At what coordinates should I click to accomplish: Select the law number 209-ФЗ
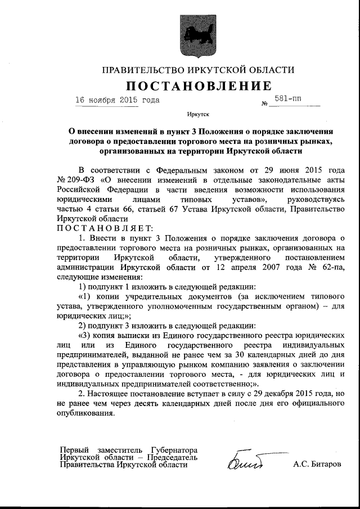click(80, 179)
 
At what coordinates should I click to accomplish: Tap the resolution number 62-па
click(319, 267)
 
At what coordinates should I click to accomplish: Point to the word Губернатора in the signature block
click(174, 451)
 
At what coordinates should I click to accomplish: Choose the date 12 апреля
click(248, 267)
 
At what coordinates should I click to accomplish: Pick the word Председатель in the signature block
click(173, 458)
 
